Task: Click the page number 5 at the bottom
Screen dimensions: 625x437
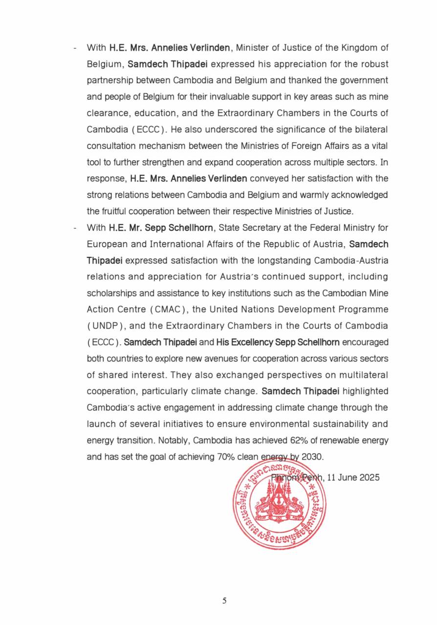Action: click(x=224, y=601)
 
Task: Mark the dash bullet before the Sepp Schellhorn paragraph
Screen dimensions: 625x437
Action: click(x=75, y=228)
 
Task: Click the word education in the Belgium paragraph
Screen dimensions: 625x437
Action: click(x=151, y=113)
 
